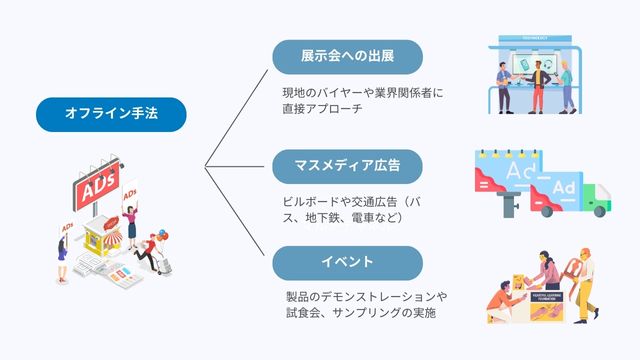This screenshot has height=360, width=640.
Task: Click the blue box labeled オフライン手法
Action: click(111, 115)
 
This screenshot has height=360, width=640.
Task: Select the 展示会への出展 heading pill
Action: click(347, 56)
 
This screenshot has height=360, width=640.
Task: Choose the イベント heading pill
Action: click(346, 262)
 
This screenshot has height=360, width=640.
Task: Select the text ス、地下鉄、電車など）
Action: click(343, 218)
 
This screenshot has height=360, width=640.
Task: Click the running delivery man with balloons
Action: click(151, 251)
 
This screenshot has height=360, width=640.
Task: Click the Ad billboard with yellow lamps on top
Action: click(510, 177)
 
